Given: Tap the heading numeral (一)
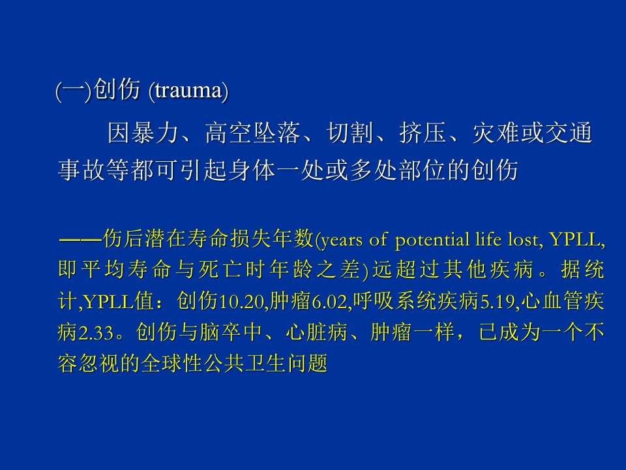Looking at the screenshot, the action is click(74, 91).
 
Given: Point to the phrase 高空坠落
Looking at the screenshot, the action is click(252, 133).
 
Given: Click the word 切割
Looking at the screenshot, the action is click(350, 133).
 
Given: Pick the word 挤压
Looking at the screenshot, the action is click(423, 133).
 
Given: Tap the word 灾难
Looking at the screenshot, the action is click(496, 133).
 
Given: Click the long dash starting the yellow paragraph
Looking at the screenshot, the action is click(80, 240).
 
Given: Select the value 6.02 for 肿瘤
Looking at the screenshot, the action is click(330, 302).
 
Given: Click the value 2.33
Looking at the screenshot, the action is click(97, 333).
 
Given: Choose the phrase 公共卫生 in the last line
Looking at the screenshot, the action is click(245, 364).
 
